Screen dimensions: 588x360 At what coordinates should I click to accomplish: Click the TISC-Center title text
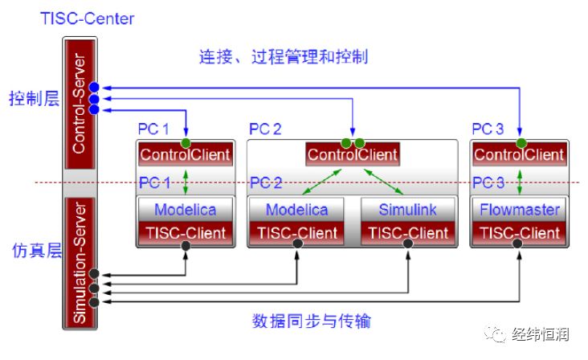pyautogui.click(x=87, y=18)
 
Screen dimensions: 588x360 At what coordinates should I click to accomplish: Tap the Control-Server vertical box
pyautogui.click(x=80, y=104)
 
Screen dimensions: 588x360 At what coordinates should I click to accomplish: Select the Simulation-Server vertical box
pyautogui.click(x=80, y=263)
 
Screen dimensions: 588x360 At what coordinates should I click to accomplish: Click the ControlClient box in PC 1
pyautogui.click(x=186, y=154)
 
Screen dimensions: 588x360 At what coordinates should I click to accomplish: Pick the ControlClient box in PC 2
pyautogui.click(x=353, y=154)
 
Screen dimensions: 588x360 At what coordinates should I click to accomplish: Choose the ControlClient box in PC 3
pyautogui.click(x=520, y=154)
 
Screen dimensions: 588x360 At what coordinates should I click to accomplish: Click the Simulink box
pyautogui.click(x=407, y=210)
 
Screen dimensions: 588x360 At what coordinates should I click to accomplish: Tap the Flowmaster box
pyautogui.click(x=520, y=210)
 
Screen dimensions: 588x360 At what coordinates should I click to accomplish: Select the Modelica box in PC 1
pyautogui.click(x=186, y=210)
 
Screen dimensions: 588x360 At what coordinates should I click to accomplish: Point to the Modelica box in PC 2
pyautogui.click(x=296, y=210)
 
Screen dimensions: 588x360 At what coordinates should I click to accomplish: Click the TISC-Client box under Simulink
pyautogui.click(x=407, y=233)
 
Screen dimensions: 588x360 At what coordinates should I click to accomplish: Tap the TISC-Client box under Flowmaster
pyautogui.click(x=520, y=233)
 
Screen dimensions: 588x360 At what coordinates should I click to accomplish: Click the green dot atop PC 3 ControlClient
pyautogui.click(x=521, y=143)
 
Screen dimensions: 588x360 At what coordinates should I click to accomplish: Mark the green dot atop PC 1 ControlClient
pyautogui.click(x=186, y=143)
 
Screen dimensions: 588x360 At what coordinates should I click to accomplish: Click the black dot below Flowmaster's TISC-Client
pyautogui.click(x=517, y=243)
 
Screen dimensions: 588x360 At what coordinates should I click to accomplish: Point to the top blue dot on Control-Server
pyautogui.click(x=94, y=87)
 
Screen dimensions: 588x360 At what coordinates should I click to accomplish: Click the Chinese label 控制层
pyautogui.click(x=34, y=99)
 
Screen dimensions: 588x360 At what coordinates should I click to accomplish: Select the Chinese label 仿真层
pyautogui.click(x=37, y=250)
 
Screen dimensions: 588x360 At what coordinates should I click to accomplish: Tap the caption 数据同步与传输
pyautogui.click(x=311, y=321)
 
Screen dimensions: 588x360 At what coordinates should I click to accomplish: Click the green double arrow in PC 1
pyautogui.click(x=186, y=182)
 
